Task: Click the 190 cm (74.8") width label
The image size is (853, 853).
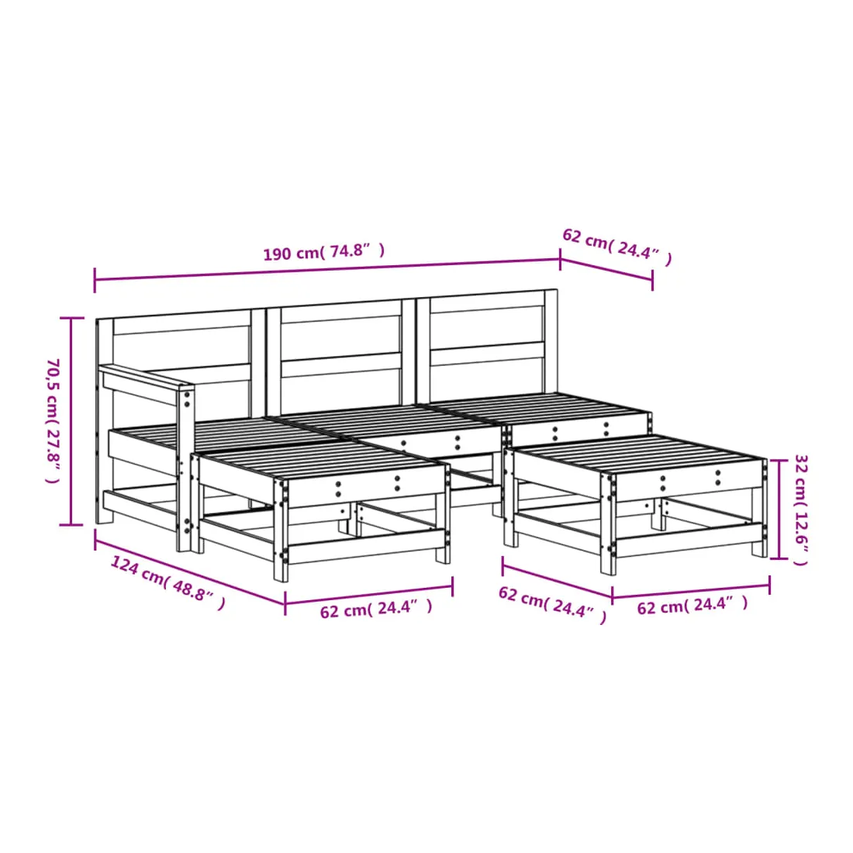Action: tap(323, 251)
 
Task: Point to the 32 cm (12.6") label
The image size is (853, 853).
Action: tap(801, 509)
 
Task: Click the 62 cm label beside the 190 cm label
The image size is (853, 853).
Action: tap(617, 247)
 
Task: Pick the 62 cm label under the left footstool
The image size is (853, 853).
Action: tap(376, 608)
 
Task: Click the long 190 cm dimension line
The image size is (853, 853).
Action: tap(327, 270)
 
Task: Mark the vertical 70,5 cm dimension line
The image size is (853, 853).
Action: tap(71, 422)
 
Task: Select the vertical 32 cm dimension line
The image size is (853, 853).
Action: tap(779, 509)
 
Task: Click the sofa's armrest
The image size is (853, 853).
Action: tap(146, 384)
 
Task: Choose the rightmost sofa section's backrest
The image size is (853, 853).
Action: tap(487, 344)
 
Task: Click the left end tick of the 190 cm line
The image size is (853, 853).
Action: tap(95, 280)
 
